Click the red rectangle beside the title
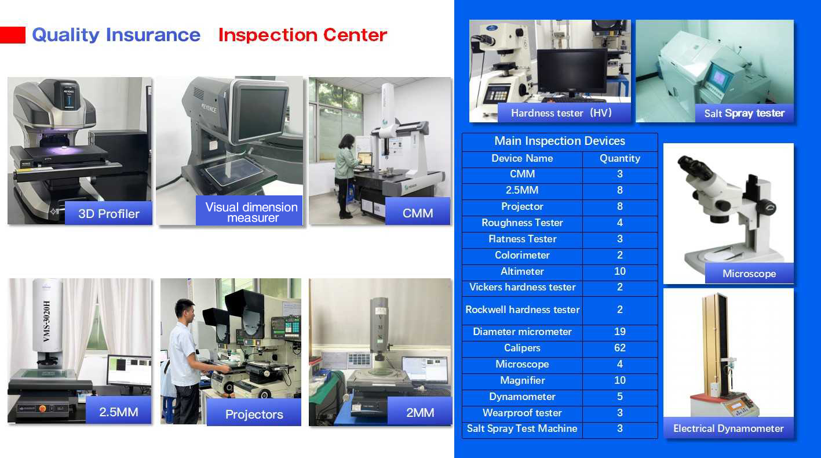tap(13, 35)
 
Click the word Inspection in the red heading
tap(268, 35)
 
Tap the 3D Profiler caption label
tap(108, 213)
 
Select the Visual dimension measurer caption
tap(251, 212)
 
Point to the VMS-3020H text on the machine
tap(46, 321)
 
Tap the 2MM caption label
tap(419, 412)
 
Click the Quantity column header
tap(620, 158)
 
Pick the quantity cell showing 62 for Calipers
tap(620, 348)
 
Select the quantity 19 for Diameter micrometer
tap(620, 332)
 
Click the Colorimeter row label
tap(522, 255)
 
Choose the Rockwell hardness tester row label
tap(522, 310)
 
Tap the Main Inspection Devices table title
tap(560, 141)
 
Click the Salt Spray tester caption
tap(745, 113)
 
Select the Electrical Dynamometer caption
tap(728, 428)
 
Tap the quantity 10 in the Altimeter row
tap(620, 271)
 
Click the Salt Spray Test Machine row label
tap(522, 428)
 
